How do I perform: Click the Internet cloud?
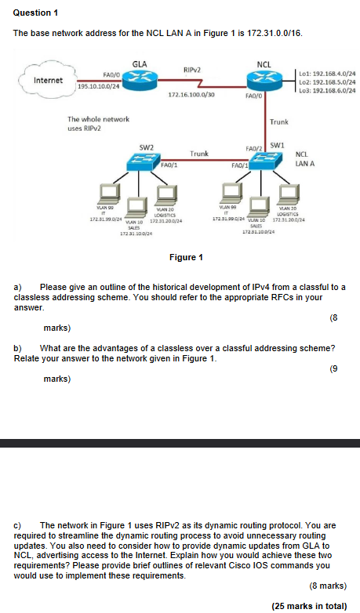tap(46, 81)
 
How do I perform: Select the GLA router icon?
tap(140, 80)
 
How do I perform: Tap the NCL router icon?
tap(264, 80)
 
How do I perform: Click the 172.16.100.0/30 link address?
tap(191, 95)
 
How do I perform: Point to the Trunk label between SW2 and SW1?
tap(199, 154)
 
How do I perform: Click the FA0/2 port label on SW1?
tap(253, 147)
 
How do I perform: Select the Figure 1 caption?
tap(187, 257)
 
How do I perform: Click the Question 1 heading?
tap(37, 13)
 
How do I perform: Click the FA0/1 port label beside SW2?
tap(169, 165)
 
